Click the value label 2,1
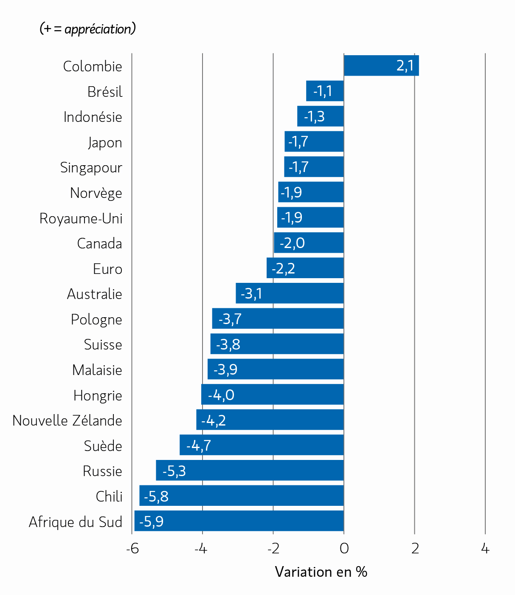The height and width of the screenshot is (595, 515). coord(405,66)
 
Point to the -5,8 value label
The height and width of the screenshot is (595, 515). coord(156,496)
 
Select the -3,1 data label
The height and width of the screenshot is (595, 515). coord(251,293)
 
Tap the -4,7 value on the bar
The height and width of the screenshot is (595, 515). coord(199,446)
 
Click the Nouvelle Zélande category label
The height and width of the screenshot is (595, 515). coord(67,420)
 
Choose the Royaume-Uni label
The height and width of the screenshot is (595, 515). coord(81,218)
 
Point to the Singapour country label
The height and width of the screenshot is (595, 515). coord(91,168)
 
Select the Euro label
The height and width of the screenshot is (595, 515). coord(107,269)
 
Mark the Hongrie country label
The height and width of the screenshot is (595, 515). coord(98,395)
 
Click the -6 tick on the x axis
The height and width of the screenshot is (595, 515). coord(132,549)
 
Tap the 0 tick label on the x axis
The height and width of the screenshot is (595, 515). coord(344,549)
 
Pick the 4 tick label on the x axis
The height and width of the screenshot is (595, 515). coord(485,549)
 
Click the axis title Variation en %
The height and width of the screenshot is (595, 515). coord(321,572)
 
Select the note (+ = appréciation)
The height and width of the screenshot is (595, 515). coord(87,29)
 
